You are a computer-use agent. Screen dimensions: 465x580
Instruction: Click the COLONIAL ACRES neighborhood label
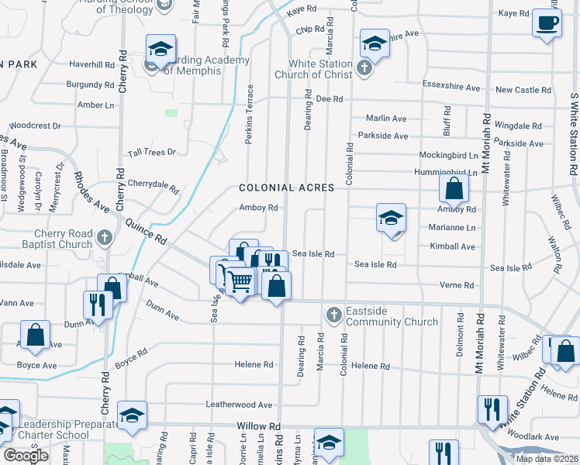click(x=287, y=188)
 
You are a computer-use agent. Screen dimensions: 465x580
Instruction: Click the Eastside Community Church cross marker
click(x=333, y=315)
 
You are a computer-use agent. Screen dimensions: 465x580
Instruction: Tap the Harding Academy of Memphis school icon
click(x=161, y=50)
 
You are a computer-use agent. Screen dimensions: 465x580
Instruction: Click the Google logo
click(x=26, y=456)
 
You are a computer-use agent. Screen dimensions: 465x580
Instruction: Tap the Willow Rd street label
click(x=258, y=427)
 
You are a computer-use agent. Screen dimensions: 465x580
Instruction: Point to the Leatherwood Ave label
click(x=239, y=405)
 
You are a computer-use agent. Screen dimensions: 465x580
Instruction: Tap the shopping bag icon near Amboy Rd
click(x=454, y=188)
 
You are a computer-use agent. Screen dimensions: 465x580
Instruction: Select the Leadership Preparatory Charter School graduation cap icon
click(x=132, y=415)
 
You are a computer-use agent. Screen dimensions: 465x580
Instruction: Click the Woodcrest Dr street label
click(x=35, y=125)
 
